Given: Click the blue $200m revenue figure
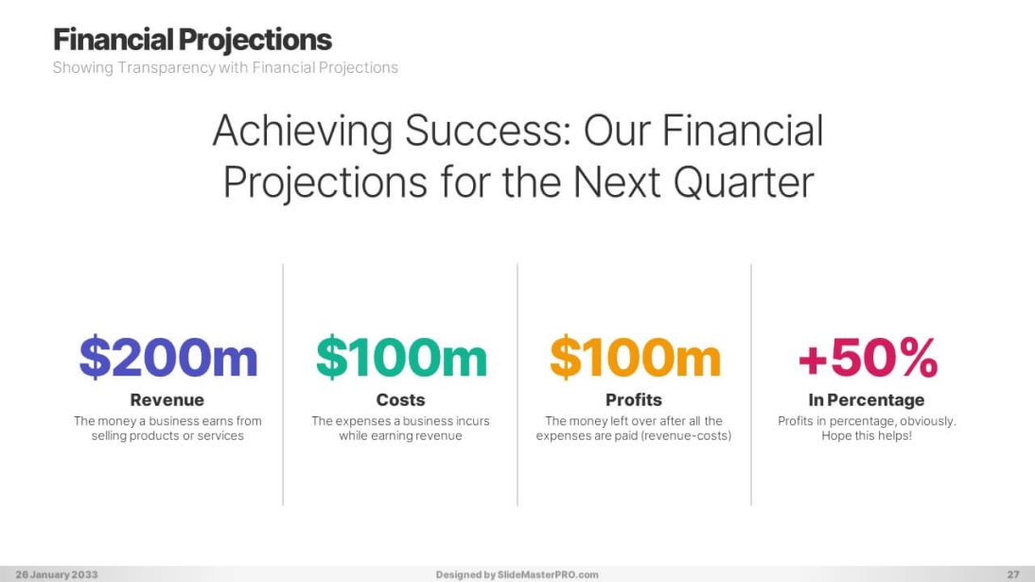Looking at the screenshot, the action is pyautogui.click(x=168, y=358).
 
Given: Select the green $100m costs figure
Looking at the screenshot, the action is pyautogui.click(x=401, y=358).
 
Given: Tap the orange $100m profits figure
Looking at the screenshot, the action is pyautogui.click(x=635, y=358).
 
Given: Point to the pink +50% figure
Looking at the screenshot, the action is pyautogui.click(x=868, y=358).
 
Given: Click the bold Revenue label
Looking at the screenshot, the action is pyautogui.click(x=167, y=399).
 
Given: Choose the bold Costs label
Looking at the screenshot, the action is pyautogui.click(x=401, y=399).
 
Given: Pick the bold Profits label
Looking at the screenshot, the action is pyautogui.click(x=634, y=399).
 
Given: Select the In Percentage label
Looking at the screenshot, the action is pyautogui.click(x=867, y=399).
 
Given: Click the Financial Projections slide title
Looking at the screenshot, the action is pyautogui.click(x=192, y=40).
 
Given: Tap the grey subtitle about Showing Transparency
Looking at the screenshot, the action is pyautogui.click(x=225, y=67).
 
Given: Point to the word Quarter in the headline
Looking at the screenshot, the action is pyautogui.click(x=744, y=183).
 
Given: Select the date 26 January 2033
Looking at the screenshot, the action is pyautogui.click(x=57, y=574).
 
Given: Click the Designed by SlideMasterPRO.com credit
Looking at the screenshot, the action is pyautogui.click(x=517, y=574).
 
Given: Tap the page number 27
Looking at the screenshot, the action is pyautogui.click(x=1013, y=574).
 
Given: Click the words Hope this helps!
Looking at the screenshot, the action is pyautogui.click(x=867, y=436).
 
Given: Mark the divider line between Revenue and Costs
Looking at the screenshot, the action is pyautogui.click(x=283, y=384).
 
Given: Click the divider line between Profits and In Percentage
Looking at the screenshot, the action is pyautogui.click(x=751, y=384).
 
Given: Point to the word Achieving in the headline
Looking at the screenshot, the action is pyautogui.click(x=303, y=131).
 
